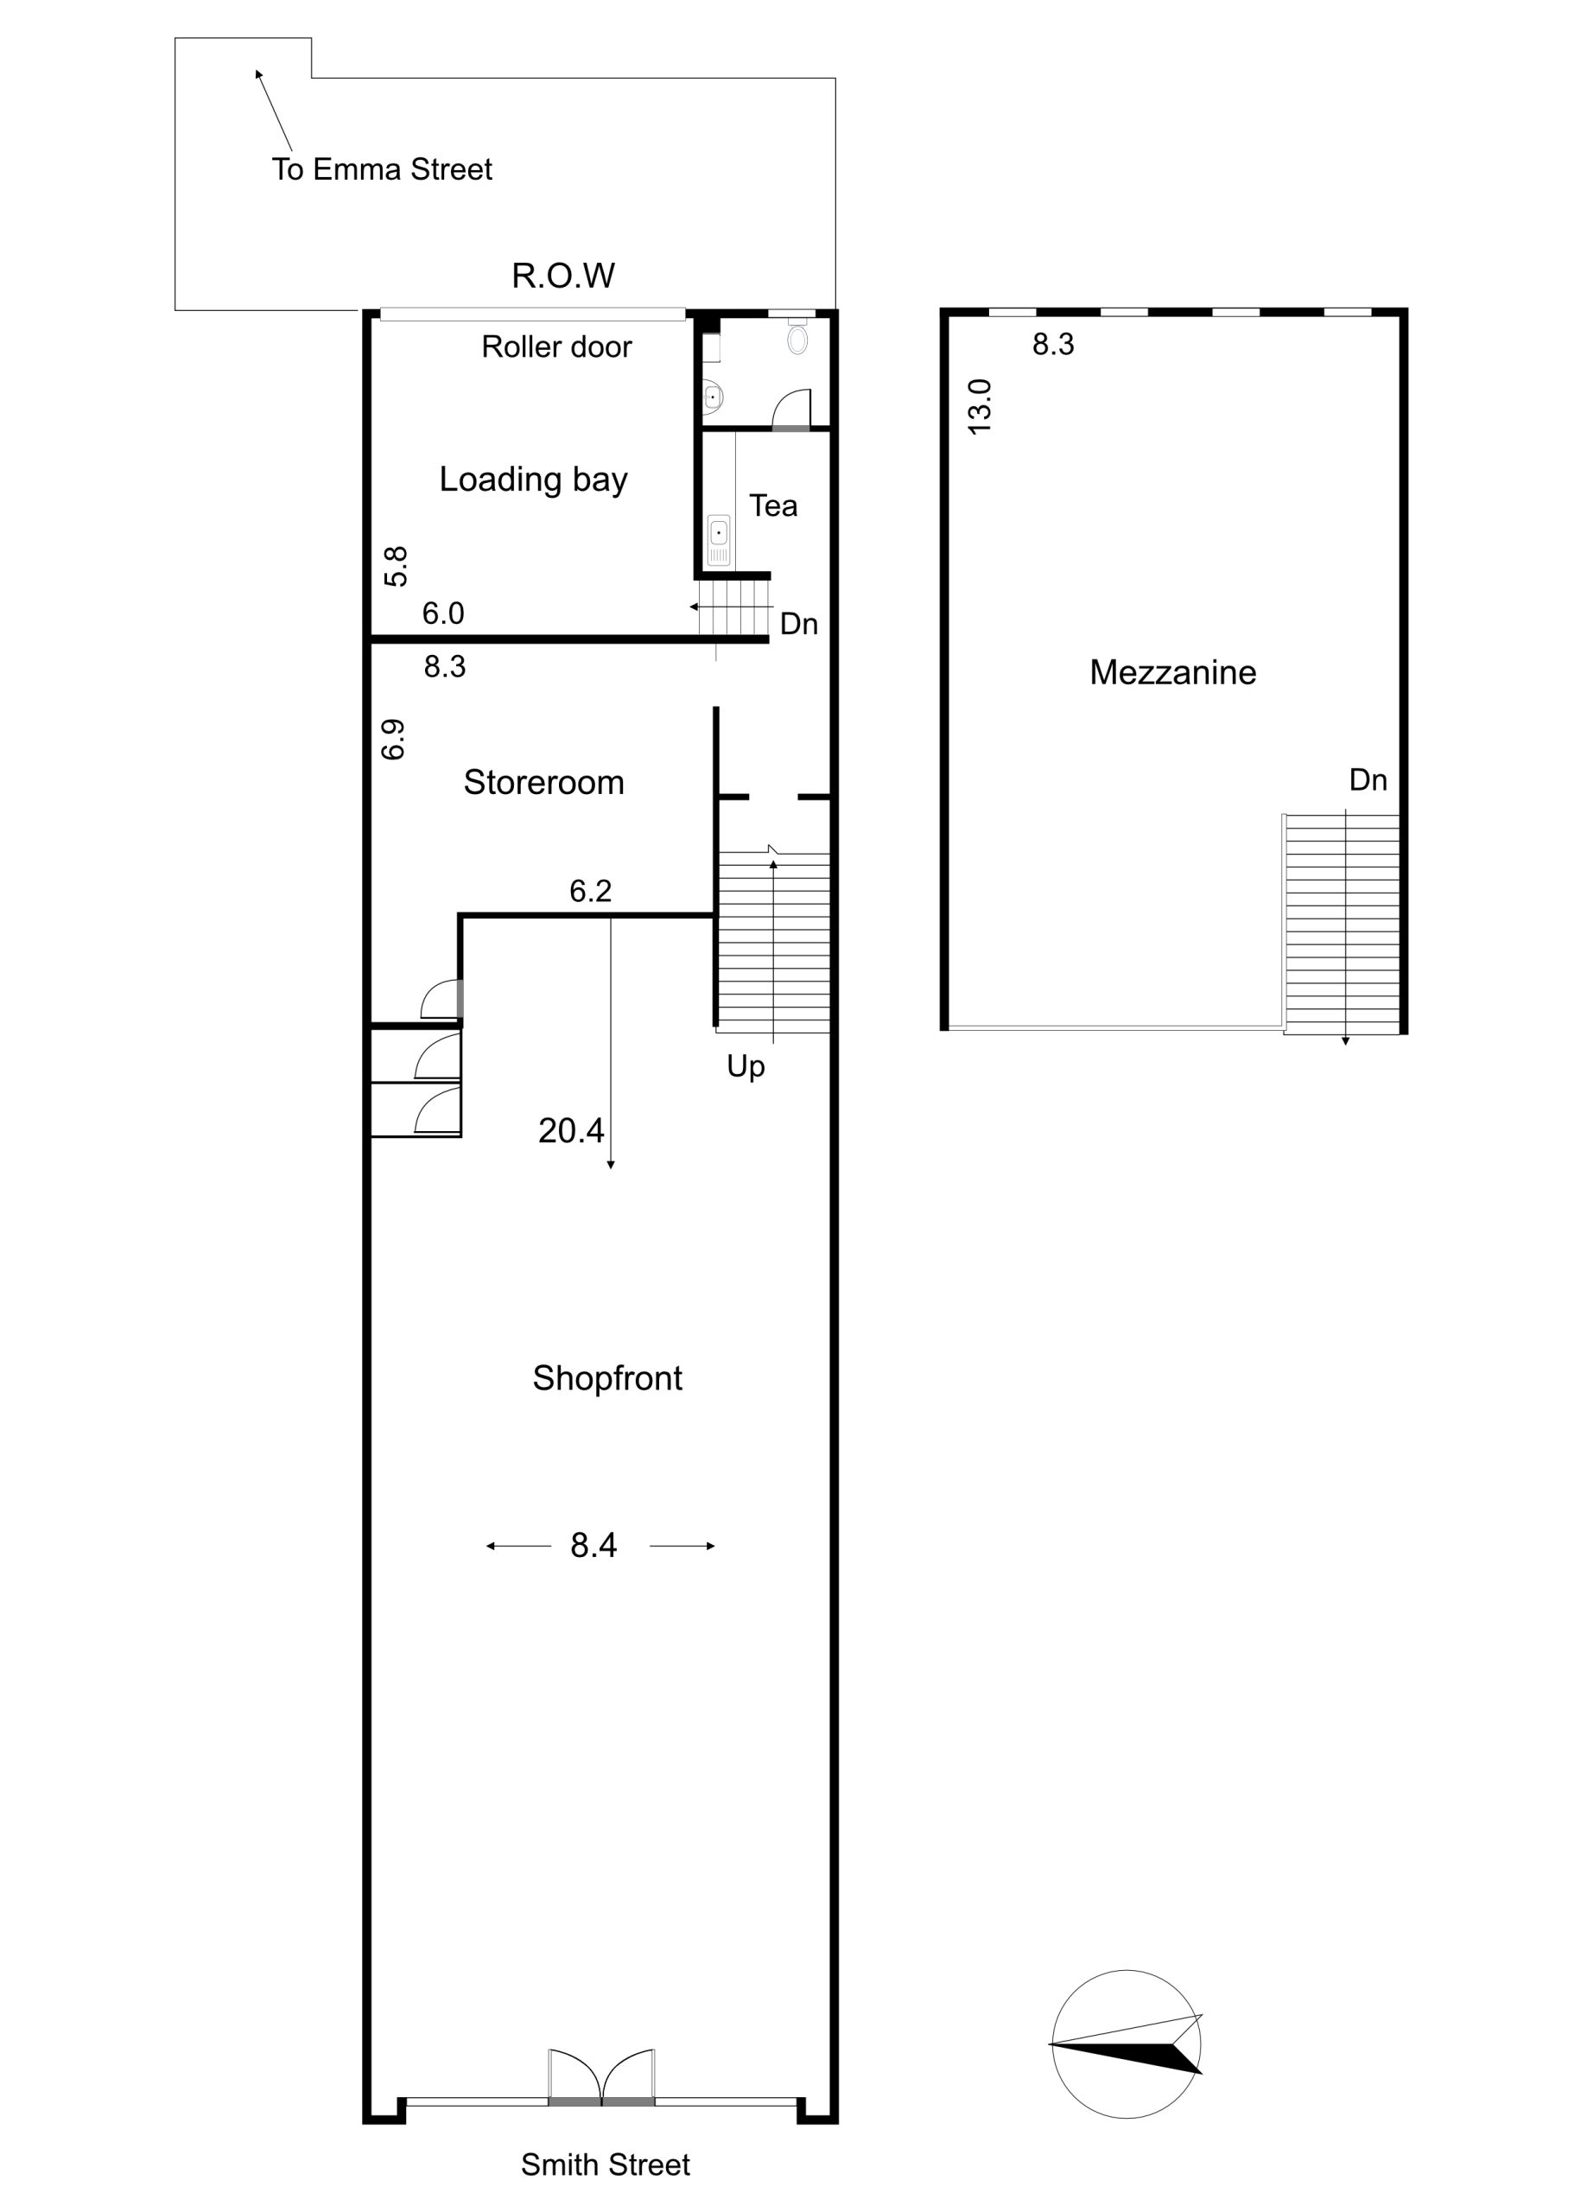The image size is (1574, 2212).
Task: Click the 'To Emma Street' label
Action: point(382,169)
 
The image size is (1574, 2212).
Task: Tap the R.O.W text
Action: point(563,276)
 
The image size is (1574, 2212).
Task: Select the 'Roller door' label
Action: point(556,347)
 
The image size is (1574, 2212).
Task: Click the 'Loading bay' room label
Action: point(533,480)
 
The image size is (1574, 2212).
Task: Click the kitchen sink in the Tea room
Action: point(718,539)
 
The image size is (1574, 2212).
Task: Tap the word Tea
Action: point(772,506)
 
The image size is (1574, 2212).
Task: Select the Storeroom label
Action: point(543,782)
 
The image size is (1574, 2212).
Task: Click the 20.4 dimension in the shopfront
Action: point(571,1130)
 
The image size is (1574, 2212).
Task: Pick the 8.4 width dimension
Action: point(593,1545)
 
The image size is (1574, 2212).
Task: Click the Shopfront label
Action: point(606,1378)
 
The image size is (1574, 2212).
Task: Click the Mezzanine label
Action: point(1173,673)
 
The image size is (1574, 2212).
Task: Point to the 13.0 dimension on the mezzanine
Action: point(980,406)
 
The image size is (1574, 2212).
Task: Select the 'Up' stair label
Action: point(746,1067)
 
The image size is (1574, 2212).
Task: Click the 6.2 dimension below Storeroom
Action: point(590,891)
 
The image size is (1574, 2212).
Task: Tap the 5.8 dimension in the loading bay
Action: point(396,566)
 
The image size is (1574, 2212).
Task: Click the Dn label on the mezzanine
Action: point(1368,780)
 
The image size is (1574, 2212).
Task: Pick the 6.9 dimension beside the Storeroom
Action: point(392,740)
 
